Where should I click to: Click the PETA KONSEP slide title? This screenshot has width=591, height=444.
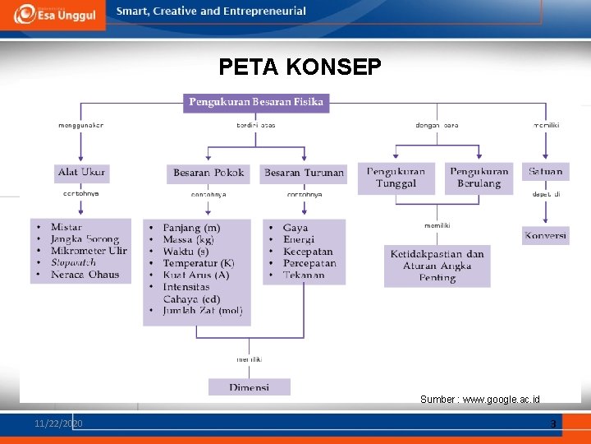point(300,67)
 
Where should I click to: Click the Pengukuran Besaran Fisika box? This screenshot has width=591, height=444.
point(256,103)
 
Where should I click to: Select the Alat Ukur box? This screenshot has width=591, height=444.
point(82,173)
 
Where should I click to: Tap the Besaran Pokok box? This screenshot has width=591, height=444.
point(209,173)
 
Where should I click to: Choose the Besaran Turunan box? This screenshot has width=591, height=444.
point(304,173)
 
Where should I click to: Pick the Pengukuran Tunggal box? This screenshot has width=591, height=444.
point(396,178)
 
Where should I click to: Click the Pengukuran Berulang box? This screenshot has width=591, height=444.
point(479,178)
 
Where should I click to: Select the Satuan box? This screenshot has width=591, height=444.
point(545,172)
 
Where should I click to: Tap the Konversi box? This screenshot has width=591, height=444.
point(545,235)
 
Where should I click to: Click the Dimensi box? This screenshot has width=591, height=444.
point(249,386)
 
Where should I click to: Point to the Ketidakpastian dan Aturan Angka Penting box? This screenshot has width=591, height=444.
point(437,266)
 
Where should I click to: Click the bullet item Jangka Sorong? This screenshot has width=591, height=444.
point(85,239)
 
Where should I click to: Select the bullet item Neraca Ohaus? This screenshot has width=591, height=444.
point(85,275)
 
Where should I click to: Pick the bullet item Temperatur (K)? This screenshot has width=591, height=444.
point(198,263)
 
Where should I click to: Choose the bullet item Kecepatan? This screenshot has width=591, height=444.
point(308,252)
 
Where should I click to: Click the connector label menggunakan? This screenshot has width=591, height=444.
point(80,125)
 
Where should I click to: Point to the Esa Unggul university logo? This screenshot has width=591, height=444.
point(53,14)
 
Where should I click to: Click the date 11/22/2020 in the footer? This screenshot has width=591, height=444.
point(58,423)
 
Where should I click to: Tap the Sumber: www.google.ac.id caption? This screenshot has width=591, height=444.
point(479,400)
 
